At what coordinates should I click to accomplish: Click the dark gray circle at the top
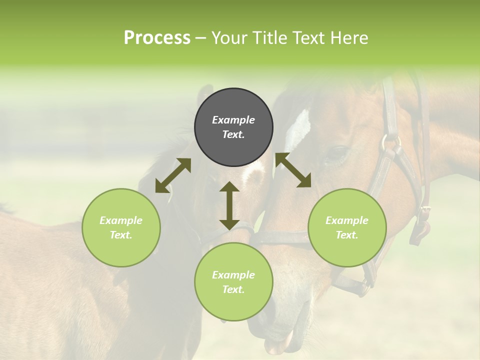pyautogui.click(x=233, y=127)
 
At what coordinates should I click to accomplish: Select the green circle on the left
pyautogui.click(x=121, y=227)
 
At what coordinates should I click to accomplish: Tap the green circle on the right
pyautogui.click(x=347, y=227)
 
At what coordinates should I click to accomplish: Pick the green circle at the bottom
pyautogui.click(x=233, y=282)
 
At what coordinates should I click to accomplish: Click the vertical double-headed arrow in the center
pyautogui.click(x=229, y=205)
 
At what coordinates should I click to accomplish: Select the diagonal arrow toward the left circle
pyautogui.click(x=173, y=175)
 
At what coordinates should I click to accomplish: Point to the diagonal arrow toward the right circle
pyautogui.click(x=293, y=170)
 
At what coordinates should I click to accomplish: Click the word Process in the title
pyautogui.click(x=157, y=38)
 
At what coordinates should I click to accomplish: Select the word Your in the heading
pyautogui.click(x=230, y=38)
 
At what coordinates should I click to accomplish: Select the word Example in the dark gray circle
pyautogui.click(x=233, y=120)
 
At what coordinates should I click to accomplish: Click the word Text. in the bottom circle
pyautogui.click(x=233, y=289)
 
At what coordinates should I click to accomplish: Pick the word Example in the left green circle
pyautogui.click(x=121, y=220)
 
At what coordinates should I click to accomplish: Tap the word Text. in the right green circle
pyautogui.click(x=347, y=235)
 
